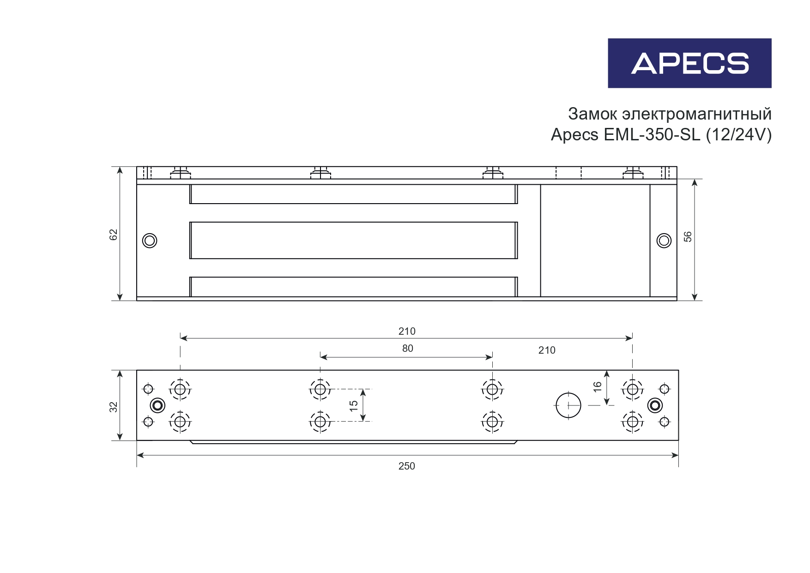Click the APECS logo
[x=689, y=63]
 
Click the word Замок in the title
[x=592, y=114]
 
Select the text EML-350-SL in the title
[x=652, y=134]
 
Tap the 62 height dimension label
[x=114, y=235]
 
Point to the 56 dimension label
[x=688, y=236]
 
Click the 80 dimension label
[x=408, y=349]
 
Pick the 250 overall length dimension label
[x=407, y=466]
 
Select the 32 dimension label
[x=114, y=407]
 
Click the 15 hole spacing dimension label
[x=354, y=406]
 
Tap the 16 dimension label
[x=598, y=387]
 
